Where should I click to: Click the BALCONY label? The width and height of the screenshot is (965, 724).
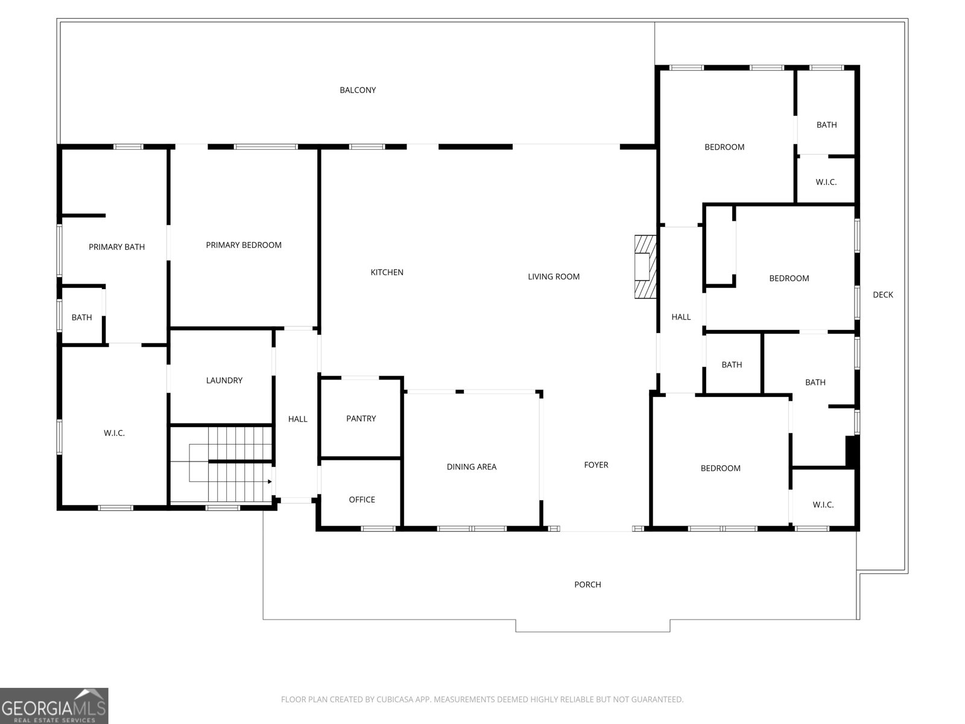[x=358, y=91]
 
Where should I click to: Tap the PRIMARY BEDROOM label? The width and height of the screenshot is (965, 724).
[x=244, y=245]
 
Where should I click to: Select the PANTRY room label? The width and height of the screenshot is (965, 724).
[x=361, y=419]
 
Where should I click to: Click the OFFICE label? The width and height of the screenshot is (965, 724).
[x=362, y=500]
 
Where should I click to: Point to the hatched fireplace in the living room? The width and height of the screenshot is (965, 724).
[x=644, y=267]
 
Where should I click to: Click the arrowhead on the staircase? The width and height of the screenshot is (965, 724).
[x=270, y=481]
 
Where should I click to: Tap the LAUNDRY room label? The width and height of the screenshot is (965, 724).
[x=224, y=381]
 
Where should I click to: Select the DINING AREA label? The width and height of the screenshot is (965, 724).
[x=472, y=467]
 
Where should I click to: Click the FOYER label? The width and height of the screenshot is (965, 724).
[x=596, y=465]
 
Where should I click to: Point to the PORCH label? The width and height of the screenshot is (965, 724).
[x=587, y=585]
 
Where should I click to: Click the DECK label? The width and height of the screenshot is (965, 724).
[x=883, y=295]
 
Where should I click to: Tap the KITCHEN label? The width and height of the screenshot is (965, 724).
[x=387, y=273]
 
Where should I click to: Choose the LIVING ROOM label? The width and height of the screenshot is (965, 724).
[x=554, y=277]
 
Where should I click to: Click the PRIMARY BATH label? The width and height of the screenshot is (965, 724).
[x=116, y=247]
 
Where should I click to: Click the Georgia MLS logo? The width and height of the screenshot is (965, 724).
[x=54, y=706]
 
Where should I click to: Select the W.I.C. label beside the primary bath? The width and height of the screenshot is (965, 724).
[x=114, y=433]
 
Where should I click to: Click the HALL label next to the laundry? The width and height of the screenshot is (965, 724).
[x=297, y=419]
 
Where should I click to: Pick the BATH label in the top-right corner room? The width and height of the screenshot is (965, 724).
[x=826, y=125]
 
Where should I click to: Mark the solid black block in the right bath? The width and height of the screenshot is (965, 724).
[x=852, y=451]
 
